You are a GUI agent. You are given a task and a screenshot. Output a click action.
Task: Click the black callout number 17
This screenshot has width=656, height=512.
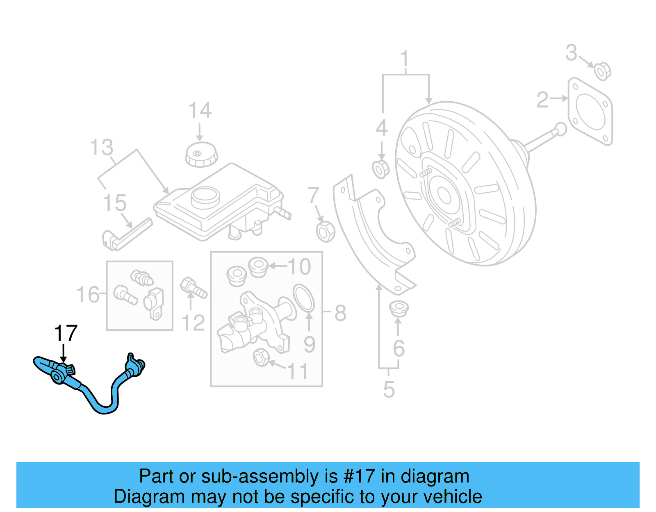pos(66,334)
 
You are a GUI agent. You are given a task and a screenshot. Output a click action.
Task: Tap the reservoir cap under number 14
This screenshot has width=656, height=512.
pos(201,155)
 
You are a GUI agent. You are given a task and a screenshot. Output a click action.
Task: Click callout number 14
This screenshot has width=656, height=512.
pos(200,111)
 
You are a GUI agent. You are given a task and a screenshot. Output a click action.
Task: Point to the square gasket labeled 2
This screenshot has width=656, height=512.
pos(590,111)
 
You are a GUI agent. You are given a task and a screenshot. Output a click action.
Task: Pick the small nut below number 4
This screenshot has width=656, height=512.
pos(381,169)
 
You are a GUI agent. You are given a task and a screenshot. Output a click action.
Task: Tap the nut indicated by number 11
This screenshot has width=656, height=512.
pos(261,357)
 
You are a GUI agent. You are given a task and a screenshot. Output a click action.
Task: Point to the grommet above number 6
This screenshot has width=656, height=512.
pos(398,308)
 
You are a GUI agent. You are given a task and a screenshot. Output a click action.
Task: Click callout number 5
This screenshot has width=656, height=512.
pos(389,389)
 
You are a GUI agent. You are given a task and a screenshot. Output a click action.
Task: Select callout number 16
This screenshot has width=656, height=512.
pos(88,295)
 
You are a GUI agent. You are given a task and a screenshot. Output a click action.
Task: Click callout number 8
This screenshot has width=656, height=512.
pos(340,313)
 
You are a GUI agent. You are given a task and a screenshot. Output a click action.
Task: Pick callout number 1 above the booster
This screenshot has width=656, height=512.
pos(405,59)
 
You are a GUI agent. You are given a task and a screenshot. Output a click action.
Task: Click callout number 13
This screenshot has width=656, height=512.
pos(101,148)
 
